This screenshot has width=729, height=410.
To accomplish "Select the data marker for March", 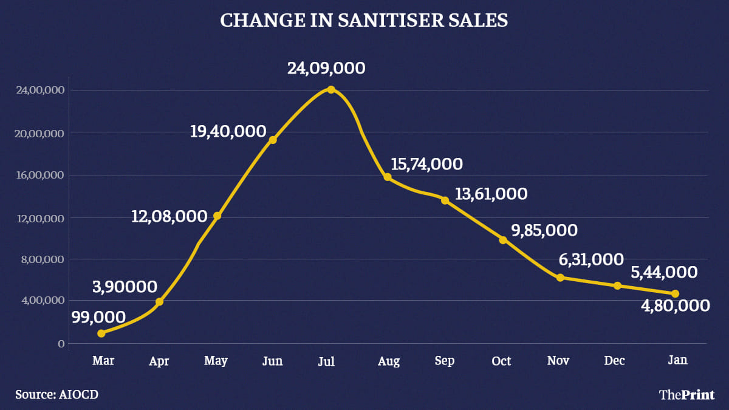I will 101,333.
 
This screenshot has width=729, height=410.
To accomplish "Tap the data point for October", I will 503,240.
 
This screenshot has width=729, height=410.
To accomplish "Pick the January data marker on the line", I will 675,293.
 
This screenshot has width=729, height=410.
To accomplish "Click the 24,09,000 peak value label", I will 326,68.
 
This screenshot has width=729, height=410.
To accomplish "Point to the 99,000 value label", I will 98,316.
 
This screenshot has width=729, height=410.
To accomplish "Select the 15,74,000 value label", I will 423,164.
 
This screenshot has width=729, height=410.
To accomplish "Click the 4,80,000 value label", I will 676,306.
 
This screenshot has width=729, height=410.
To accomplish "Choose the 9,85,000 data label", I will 545,231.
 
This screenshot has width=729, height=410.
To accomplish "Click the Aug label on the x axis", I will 389,361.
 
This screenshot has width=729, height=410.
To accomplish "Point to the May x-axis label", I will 216,361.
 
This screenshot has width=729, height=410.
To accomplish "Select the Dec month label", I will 615,361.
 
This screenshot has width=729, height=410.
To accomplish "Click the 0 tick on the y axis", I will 61,344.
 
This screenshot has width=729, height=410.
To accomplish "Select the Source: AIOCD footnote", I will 57,394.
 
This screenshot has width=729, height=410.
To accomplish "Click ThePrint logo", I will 686,395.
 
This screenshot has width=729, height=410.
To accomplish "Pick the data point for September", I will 445,200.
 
